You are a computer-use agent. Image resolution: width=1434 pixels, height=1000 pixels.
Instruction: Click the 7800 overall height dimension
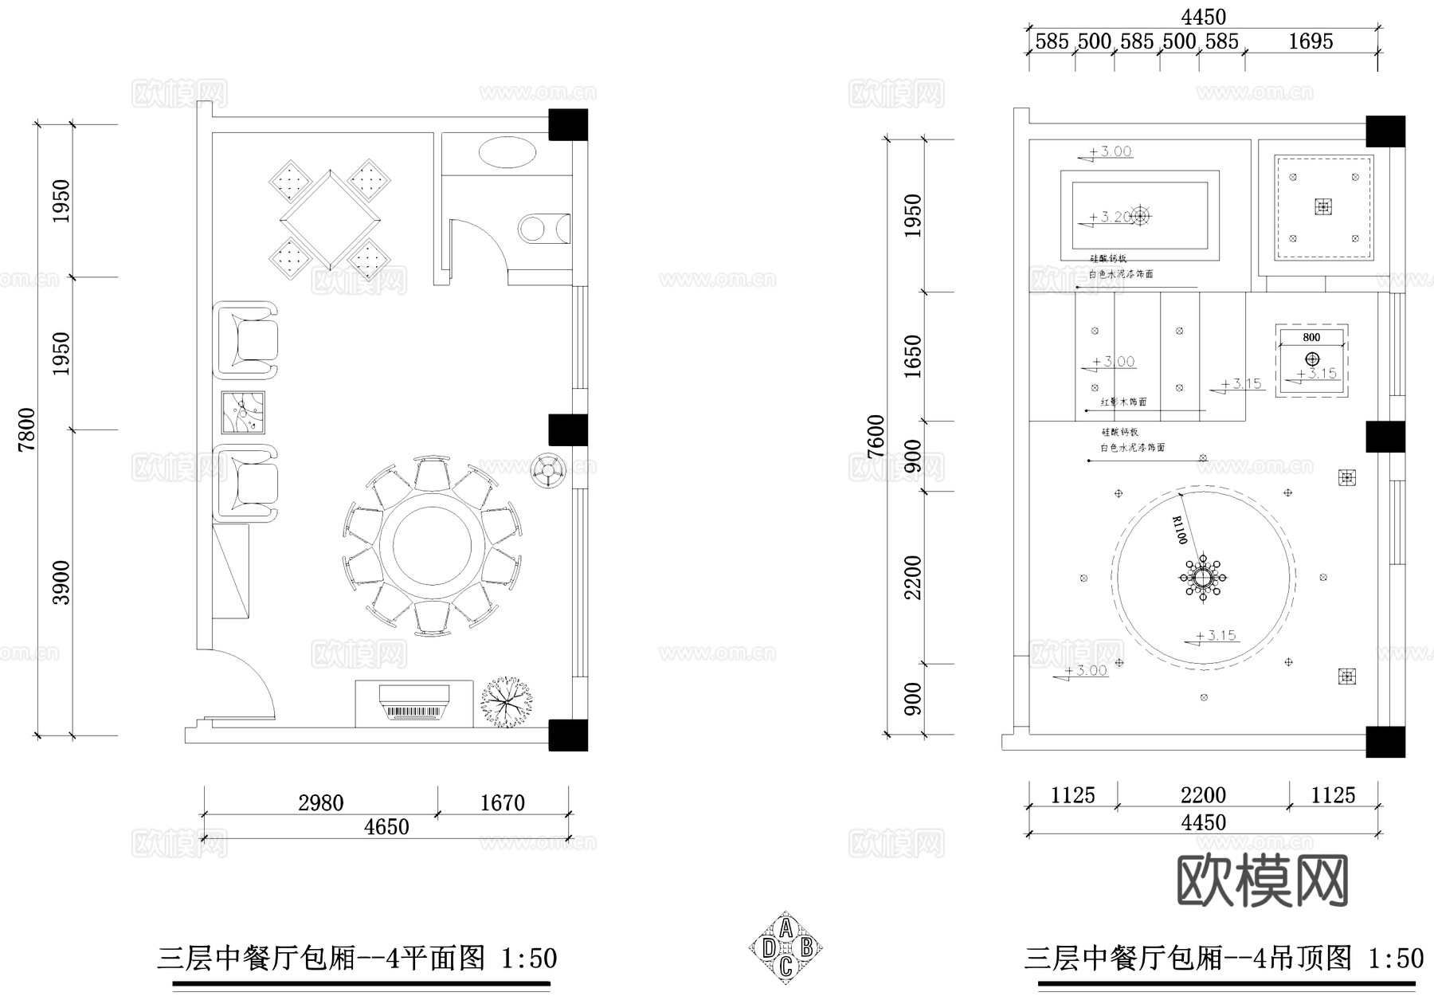tap(27, 429)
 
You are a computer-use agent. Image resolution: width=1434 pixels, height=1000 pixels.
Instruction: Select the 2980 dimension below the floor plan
tap(320, 802)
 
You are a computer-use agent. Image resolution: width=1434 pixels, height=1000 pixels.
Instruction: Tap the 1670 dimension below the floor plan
tap(502, 802)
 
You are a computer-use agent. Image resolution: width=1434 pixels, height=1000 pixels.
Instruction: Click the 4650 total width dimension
tap(386, 827)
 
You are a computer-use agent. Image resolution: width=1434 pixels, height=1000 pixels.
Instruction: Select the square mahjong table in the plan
tap(330, 218)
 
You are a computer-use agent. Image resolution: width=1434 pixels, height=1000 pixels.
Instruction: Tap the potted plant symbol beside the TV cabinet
tap(506, 702)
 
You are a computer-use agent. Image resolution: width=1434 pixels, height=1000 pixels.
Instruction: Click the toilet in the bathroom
tap(545, 229)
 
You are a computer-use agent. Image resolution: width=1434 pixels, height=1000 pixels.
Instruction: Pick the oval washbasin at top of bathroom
tap(508, 152)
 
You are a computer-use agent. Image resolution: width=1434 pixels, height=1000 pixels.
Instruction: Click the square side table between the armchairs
tap(243, 413)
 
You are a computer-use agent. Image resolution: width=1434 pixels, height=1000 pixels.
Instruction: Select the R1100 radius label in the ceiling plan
tap(1180, 530)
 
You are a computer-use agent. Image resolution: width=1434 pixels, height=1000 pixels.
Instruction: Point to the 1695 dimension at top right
tap(1311, 41)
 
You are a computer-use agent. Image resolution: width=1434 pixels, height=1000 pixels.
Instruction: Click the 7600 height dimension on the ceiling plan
tap(876, 436)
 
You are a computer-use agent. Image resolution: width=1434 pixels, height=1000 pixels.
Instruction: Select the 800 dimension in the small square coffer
tap(1311, 337)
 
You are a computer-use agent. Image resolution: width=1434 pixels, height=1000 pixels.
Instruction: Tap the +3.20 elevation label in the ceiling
tap(1109, 217)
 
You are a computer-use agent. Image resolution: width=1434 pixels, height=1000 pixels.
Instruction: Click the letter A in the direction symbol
tap(786, 928)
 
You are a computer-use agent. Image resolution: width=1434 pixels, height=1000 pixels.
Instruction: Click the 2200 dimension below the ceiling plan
tap(1203, 795)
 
